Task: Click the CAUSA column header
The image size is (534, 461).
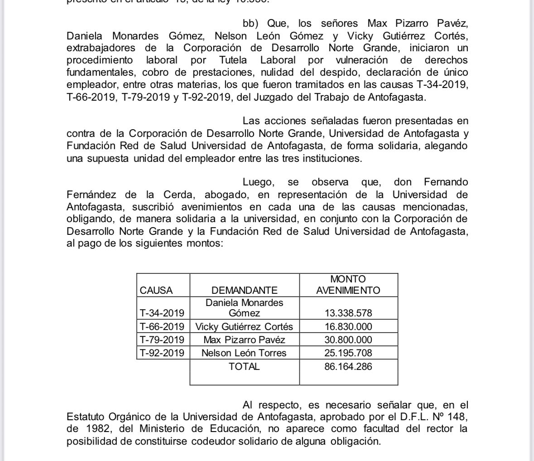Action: click(156, 290)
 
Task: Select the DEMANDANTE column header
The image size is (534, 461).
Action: click(244, 290)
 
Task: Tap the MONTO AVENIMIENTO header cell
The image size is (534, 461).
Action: click(348, 285)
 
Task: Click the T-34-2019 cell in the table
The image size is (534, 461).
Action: click(162, 313)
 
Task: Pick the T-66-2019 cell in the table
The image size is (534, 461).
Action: click(162, 326)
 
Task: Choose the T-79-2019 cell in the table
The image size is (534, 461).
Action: click(162, 340)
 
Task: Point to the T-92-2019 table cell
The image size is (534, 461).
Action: click(162, 353)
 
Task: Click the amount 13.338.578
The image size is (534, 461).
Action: click(348, 313)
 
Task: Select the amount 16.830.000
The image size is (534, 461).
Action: click(348, 326)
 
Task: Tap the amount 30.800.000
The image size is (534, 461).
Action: click(348, 340)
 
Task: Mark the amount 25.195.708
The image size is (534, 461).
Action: click(348, 353)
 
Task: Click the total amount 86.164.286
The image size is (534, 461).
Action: click(348, 366)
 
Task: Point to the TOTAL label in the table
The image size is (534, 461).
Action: click(244, 366)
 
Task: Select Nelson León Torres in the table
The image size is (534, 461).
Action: click(244, 353)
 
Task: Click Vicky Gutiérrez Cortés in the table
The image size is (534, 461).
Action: click(244, 326)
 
